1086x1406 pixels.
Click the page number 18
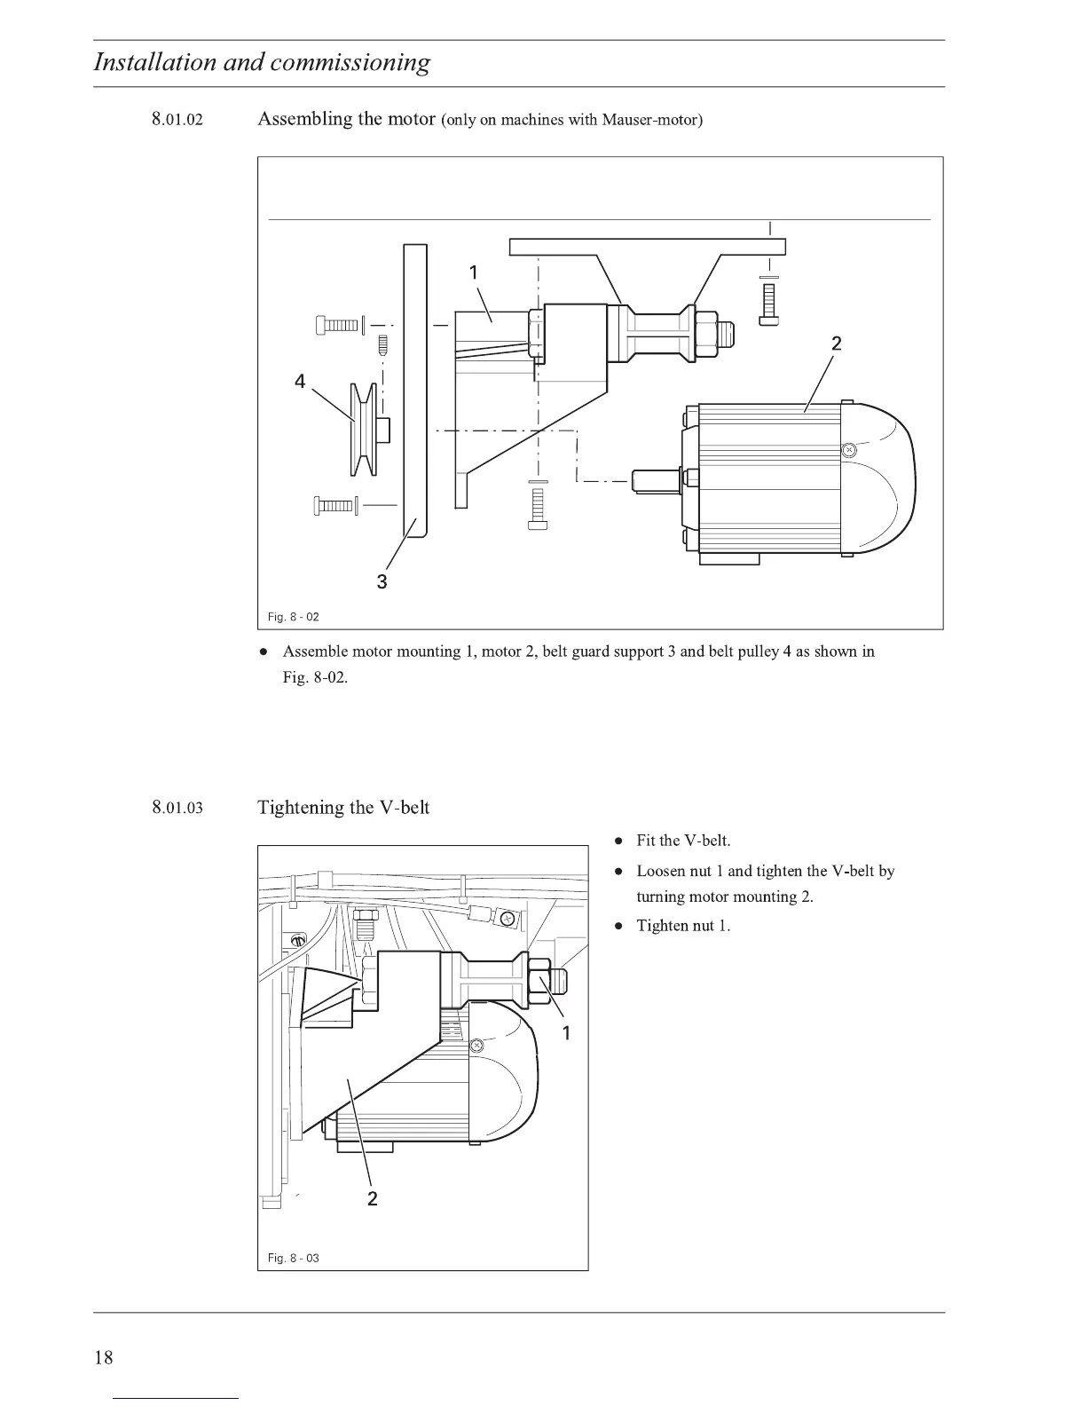(x=104, y=1357)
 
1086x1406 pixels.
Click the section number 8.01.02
(x=177, y=120)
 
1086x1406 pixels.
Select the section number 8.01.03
(x=177, y=808)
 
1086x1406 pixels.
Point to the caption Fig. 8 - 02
(x=293, y=616)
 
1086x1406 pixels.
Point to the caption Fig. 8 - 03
(x=293, y=1258)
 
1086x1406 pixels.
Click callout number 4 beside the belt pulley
(x=300, y=382)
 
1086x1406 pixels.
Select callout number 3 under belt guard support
(x=382, y=582)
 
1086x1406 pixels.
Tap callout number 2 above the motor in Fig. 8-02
(x=836, y=344)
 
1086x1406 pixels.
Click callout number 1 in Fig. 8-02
(x=474, y=272)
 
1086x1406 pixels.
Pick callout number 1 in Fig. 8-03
(x=567, y=1032)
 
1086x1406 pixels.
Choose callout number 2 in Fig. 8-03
(x=372, y=1199)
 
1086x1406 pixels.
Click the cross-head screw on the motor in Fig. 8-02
(x=849, y=450)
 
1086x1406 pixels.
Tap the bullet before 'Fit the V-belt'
(x=619, y=841)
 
